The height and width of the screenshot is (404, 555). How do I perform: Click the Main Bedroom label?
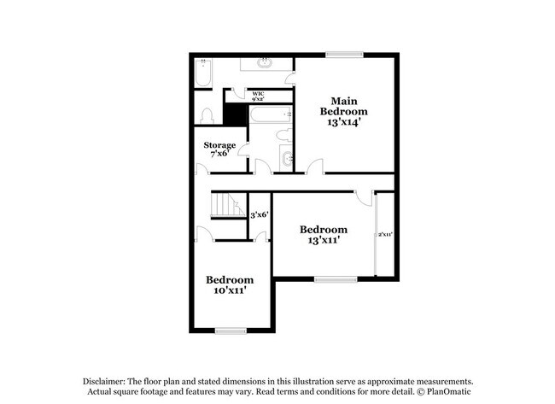click(344, 111)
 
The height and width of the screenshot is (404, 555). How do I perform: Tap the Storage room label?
click(219, 149)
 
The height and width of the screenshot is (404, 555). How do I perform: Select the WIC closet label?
click(259, 96)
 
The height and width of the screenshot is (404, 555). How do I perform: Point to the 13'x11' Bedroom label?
click(323, 235)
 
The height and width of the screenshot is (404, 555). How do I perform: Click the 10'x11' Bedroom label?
click(229, 284)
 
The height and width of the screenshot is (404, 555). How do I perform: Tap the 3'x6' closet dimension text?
click(260, 215)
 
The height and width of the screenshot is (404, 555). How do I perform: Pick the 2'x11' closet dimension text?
click(385, 234)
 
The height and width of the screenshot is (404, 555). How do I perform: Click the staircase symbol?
click(227, 205)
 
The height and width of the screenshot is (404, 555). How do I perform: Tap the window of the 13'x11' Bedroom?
click(335, 278)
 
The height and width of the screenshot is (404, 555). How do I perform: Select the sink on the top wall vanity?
click(265, 62)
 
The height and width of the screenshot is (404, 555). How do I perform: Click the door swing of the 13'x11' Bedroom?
click(365, 199)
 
